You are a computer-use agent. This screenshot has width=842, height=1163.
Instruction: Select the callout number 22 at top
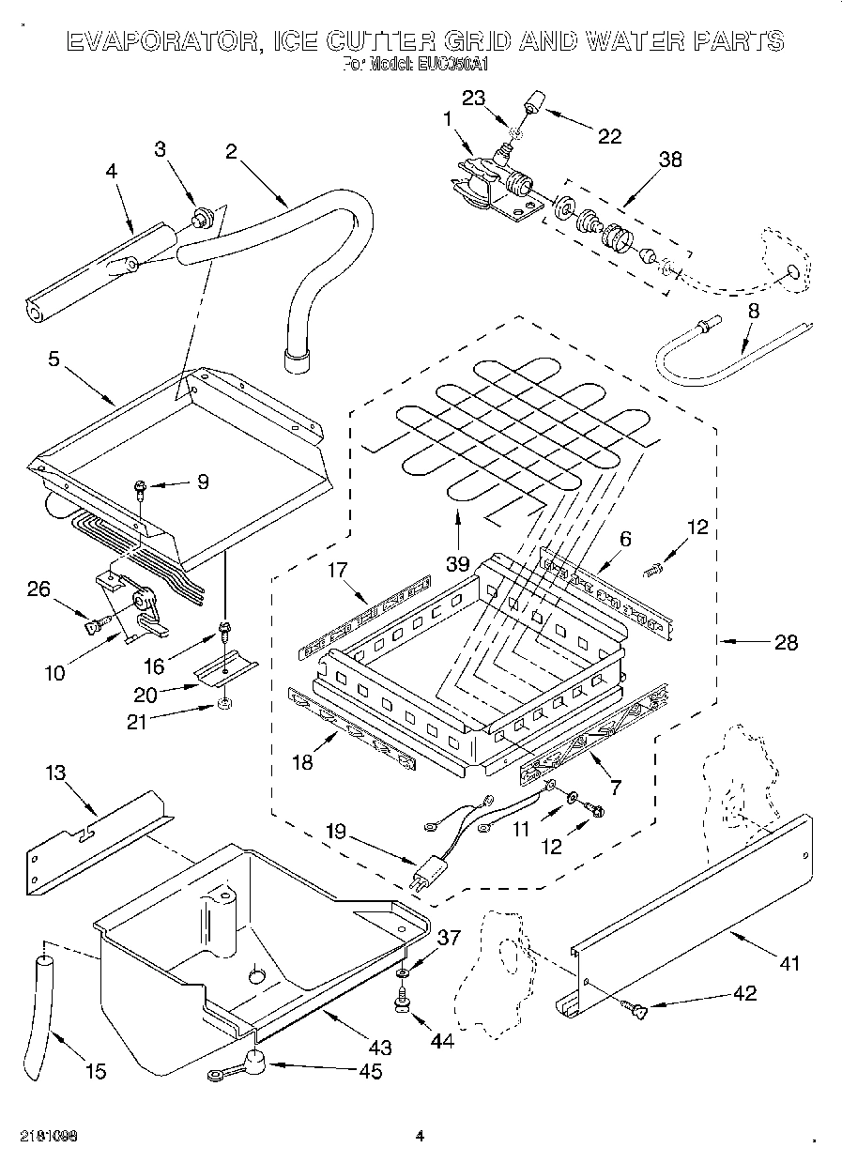pyautogui.click(x=609, y=137)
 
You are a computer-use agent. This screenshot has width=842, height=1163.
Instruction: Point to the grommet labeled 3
pyautogui.click(x=199, y=221)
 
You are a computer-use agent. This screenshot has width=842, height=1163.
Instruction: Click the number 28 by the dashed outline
pyautogui.click(x=786, y=642)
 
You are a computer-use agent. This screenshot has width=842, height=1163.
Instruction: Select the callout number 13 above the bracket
pyautogui.click(x=56, y=772)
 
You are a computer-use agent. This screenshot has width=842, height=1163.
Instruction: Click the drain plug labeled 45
pyautogui.click(x=252, y=1062)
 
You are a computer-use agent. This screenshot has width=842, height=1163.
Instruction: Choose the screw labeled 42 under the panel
pyautogui.click(x=636, y=1009)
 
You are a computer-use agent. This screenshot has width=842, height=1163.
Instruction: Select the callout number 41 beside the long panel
pyautogui.click(x=790, y=961)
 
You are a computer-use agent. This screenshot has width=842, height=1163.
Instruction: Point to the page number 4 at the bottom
pyautogui.click(x=420, y=1137)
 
